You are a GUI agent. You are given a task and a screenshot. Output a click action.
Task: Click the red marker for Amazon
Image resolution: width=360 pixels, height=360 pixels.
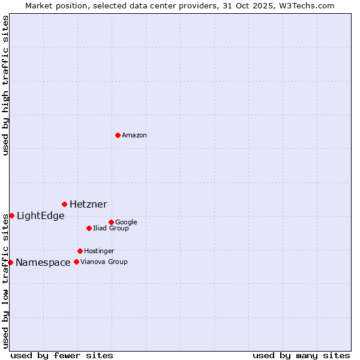coord(118,135)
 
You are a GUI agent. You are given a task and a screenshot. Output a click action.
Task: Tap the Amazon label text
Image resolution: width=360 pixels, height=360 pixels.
coord(134,136)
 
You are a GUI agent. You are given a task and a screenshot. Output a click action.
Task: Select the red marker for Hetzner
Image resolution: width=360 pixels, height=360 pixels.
coord(64,204)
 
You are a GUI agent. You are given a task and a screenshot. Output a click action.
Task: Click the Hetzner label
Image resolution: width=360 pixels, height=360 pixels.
coord(88,205)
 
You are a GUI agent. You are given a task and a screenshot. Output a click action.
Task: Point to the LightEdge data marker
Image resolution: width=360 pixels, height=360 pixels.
coord(11,215)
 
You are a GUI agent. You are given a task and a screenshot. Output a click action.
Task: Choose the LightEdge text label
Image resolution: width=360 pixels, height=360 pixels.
coord(40,216)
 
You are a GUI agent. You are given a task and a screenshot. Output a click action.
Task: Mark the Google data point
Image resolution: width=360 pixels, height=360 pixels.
coord(111,222)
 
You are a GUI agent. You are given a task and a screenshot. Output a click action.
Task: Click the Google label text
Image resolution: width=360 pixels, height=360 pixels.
coord(126,223)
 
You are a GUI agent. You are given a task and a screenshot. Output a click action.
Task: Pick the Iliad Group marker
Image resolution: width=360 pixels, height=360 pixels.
coord(89,228)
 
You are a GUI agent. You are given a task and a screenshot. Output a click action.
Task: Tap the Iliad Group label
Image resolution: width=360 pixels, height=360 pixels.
coord(111,229)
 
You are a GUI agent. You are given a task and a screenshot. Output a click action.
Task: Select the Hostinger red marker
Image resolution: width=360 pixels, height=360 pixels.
coord(80,251)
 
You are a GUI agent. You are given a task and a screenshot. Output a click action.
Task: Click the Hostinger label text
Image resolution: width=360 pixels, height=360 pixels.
coord(99,251)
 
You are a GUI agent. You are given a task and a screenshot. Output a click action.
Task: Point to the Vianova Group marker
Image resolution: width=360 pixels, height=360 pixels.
coord(76,262)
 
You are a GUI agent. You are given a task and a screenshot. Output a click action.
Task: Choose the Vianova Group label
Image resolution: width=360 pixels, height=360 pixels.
coord(104,262)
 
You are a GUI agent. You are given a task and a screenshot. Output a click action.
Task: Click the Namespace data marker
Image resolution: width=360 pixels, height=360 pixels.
coord(10,262)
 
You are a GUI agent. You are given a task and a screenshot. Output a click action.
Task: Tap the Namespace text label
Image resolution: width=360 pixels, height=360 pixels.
coord(43,263)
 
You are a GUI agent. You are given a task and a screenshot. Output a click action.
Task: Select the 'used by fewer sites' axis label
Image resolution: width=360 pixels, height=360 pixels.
coord(62,355)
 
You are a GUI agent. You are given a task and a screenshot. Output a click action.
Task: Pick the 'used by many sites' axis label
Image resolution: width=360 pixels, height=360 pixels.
coord(301,355)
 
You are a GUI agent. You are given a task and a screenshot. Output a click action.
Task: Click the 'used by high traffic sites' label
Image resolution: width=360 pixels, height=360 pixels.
coord(6,85)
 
